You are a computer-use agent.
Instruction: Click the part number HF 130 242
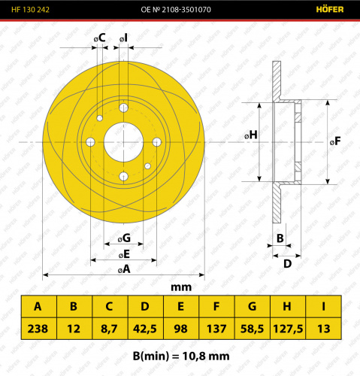click(x=30, y=10)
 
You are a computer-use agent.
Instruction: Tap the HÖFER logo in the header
click(x=330, y=10)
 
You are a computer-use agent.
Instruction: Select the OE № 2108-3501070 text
click(x=176, y=10)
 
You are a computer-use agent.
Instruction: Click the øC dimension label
click(x=100, y=38)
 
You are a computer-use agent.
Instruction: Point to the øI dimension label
click(x=123, y=38)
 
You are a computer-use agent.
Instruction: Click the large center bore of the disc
click(x=123, y=142)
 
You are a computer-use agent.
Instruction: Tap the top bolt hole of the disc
click(x=123, y=108)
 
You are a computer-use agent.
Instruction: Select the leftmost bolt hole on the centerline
click(x=90, y=142)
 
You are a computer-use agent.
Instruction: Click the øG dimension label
click(x=124, y=238)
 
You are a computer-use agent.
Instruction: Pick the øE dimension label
click(x=124, y=254)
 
